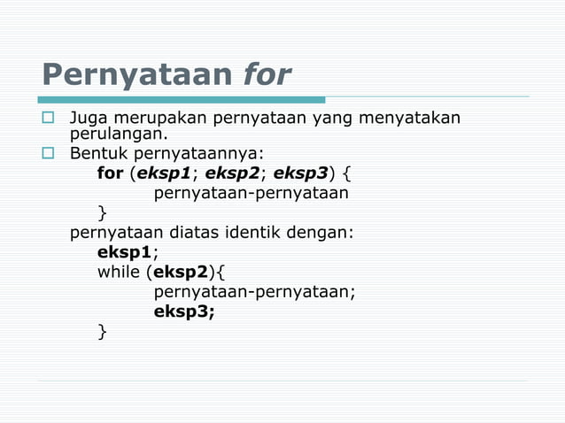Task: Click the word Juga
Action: tap(89, 117)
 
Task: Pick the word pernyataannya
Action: tap(206, 154)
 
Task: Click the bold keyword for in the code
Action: tap(110, 173)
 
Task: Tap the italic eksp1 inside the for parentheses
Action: tap(163, 173)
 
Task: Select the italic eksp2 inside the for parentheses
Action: tap(233, 173)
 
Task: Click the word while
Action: tap(119, 271)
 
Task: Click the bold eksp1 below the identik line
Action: tap(125, 251)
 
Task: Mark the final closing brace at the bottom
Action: tap(102, 331)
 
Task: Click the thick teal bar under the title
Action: tap(182, 100)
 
